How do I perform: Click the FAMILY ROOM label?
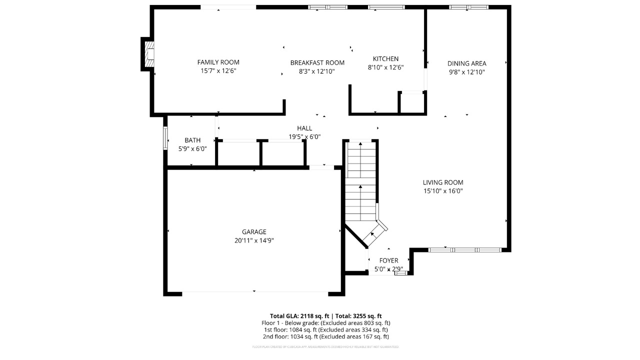point(218,62)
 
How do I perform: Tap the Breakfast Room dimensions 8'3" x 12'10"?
point(317,71)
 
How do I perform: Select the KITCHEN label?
point(385,59)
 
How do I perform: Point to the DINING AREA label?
point(466,63)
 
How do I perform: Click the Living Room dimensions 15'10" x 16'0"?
point(443,191)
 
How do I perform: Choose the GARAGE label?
point(254,232)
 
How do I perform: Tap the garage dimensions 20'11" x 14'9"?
point(254,240)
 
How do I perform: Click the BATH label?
point(192,140)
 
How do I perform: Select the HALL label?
point(304,128)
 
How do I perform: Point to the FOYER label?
point(388,260)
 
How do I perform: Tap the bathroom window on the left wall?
point(165,138)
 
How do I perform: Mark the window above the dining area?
point(468,7)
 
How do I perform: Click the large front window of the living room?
point(465,249)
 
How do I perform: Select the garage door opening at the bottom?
point(254,292)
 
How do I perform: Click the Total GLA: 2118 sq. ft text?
point(299,316)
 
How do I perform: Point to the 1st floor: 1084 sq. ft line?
point(325,329)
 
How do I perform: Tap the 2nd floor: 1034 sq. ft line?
point(325,336)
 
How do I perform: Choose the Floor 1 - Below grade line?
point(325,323)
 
